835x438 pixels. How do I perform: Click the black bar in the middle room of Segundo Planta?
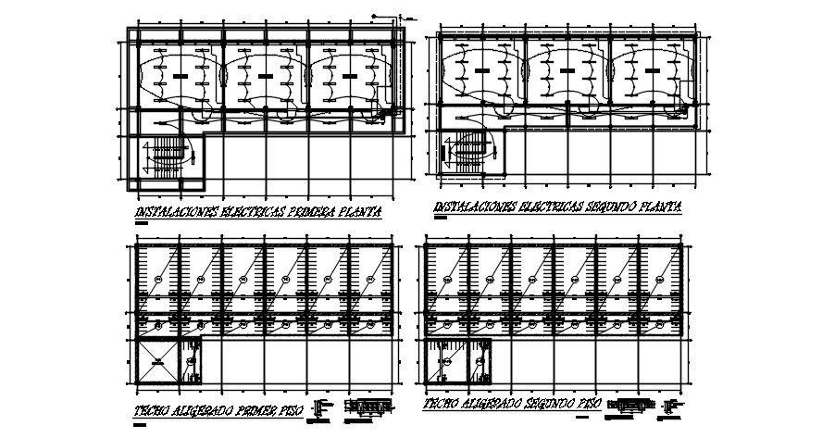[x=566, y=69]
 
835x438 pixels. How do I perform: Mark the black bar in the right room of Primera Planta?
[x=348, y=73]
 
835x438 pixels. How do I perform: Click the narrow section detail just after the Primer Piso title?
[x=321, y=407]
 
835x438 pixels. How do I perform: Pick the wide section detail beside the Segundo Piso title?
[x=633, y=404]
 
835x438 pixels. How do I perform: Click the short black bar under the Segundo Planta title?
[x=439, y=221]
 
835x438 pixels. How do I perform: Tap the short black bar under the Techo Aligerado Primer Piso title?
[x=140, y=425]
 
